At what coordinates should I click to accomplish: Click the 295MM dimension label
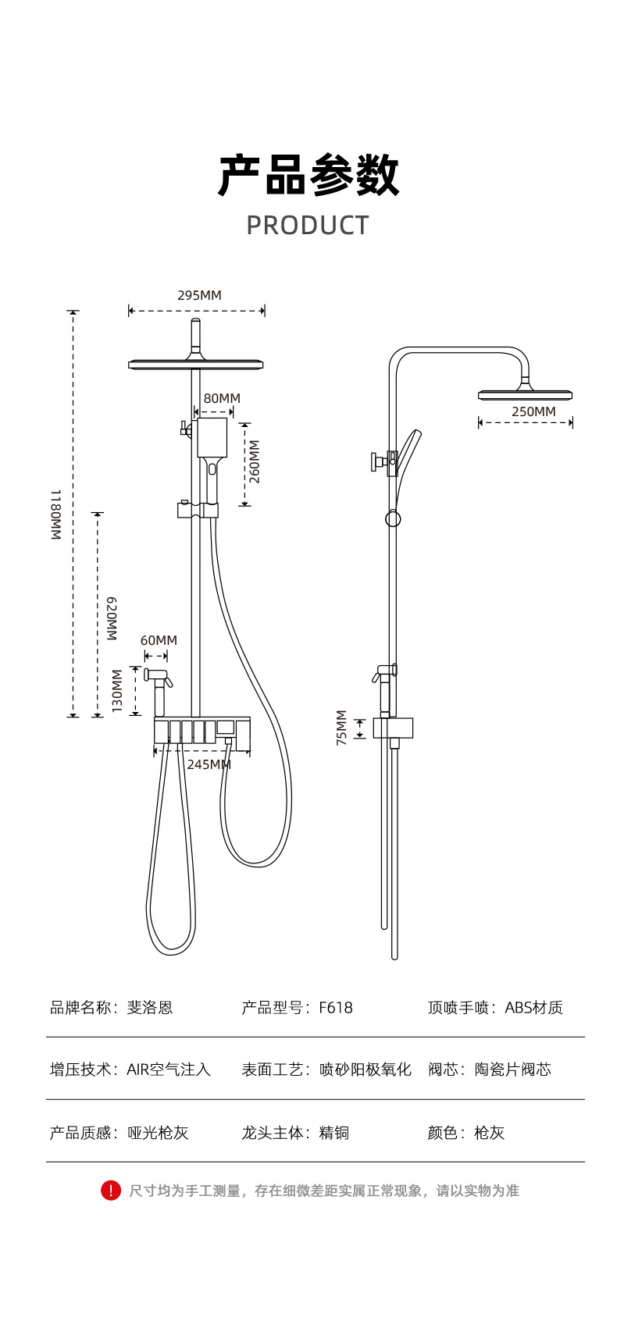tap(199, 295)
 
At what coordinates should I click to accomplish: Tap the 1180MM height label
tap(55, 514)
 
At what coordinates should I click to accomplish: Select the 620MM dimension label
tap(112, 618)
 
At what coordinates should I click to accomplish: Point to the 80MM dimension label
tap(222, 398)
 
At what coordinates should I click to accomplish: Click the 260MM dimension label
tap(254, 461)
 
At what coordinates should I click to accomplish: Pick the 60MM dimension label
tap(159, 640)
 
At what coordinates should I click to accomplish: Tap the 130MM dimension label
tap(117, 690)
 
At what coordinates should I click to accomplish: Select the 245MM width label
tap(209, 764)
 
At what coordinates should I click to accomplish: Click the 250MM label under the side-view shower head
tap(533, 411)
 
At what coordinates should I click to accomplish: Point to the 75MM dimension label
tap(341, 728)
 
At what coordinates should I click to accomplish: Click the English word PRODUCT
tap(308, 226)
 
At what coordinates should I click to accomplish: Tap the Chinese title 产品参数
tap(308, 175)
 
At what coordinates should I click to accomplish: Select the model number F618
tap(336, 1008)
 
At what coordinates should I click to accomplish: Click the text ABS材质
tap(533, 1008)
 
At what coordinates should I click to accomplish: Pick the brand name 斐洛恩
tap(150, 1008)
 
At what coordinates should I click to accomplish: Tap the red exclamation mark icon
tap(111, 1190)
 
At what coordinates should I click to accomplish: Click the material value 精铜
tap(334, 1133)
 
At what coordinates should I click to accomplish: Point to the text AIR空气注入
tap(169, 1070)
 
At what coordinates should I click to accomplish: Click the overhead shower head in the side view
tap(525, 394)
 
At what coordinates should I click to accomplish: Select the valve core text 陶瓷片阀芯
tap(512, 1070)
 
